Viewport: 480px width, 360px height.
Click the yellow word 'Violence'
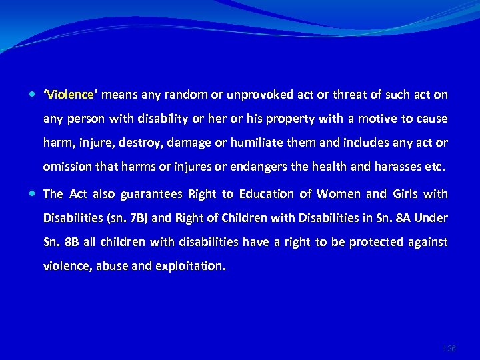tap(69, 95)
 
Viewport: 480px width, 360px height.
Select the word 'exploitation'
tap(191, 266)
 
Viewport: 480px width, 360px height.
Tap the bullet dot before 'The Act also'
tap(33, 194)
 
